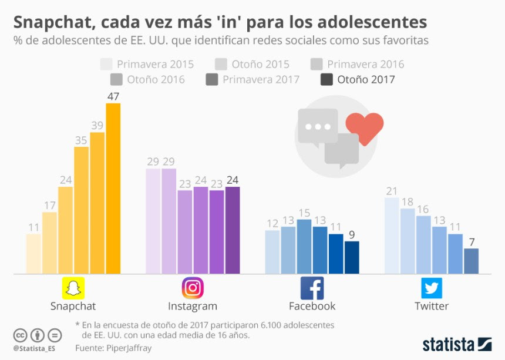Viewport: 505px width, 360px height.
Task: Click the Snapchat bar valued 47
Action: (x=113, y=188)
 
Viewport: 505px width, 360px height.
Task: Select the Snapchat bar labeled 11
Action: (x=34, y=254)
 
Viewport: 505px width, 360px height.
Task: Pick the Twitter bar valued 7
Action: (x=471, y=261)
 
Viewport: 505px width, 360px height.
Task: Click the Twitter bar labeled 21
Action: (x=392, y=235)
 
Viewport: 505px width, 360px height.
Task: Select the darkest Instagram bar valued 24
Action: (x=233, y=230)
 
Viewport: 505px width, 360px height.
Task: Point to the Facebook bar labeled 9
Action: (x=352, y=257)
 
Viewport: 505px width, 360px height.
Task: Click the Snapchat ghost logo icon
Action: (x=73, y=288)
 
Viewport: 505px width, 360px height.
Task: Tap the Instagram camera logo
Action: (x=193, y=288)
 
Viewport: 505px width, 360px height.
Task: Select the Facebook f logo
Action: (x=312, y=288)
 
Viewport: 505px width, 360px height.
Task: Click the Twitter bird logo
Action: (x=432, y=288)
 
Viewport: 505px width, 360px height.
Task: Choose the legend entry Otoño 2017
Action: (x=358, y=79)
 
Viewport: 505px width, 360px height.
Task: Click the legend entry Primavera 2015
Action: (x=147, y=64)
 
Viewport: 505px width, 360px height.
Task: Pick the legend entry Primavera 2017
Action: (x=253, y=79)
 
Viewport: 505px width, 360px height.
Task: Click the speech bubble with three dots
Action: (x=318, y=126)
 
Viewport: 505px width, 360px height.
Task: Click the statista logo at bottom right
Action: (x=457, y=344)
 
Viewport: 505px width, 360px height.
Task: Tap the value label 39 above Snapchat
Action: (x=97, y=126)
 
